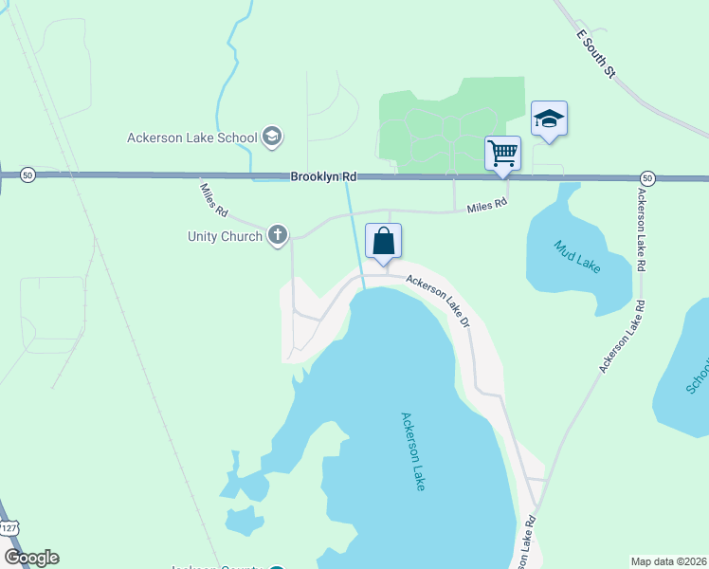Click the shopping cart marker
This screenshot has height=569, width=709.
coord(502,153)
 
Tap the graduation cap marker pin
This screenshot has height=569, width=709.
coord(549,119)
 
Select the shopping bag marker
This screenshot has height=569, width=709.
coord(383,242)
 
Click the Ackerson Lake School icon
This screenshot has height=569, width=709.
coord(272,138)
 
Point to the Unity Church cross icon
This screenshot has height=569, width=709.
coord(278,235)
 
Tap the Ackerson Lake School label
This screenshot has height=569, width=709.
coord(192,138)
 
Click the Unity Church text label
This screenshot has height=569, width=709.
coord(224,236)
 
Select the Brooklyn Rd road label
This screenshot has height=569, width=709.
coord(323,176)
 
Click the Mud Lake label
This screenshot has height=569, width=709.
coord(577,257)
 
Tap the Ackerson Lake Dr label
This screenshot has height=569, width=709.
coord(439,301)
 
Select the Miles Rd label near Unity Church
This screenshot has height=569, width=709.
coord(214,196)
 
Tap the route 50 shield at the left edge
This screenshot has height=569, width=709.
coord(27,174)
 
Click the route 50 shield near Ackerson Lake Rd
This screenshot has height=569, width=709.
coord(646,177)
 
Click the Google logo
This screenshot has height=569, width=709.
coord(31,558)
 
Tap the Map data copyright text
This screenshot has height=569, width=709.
coord(668,560)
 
